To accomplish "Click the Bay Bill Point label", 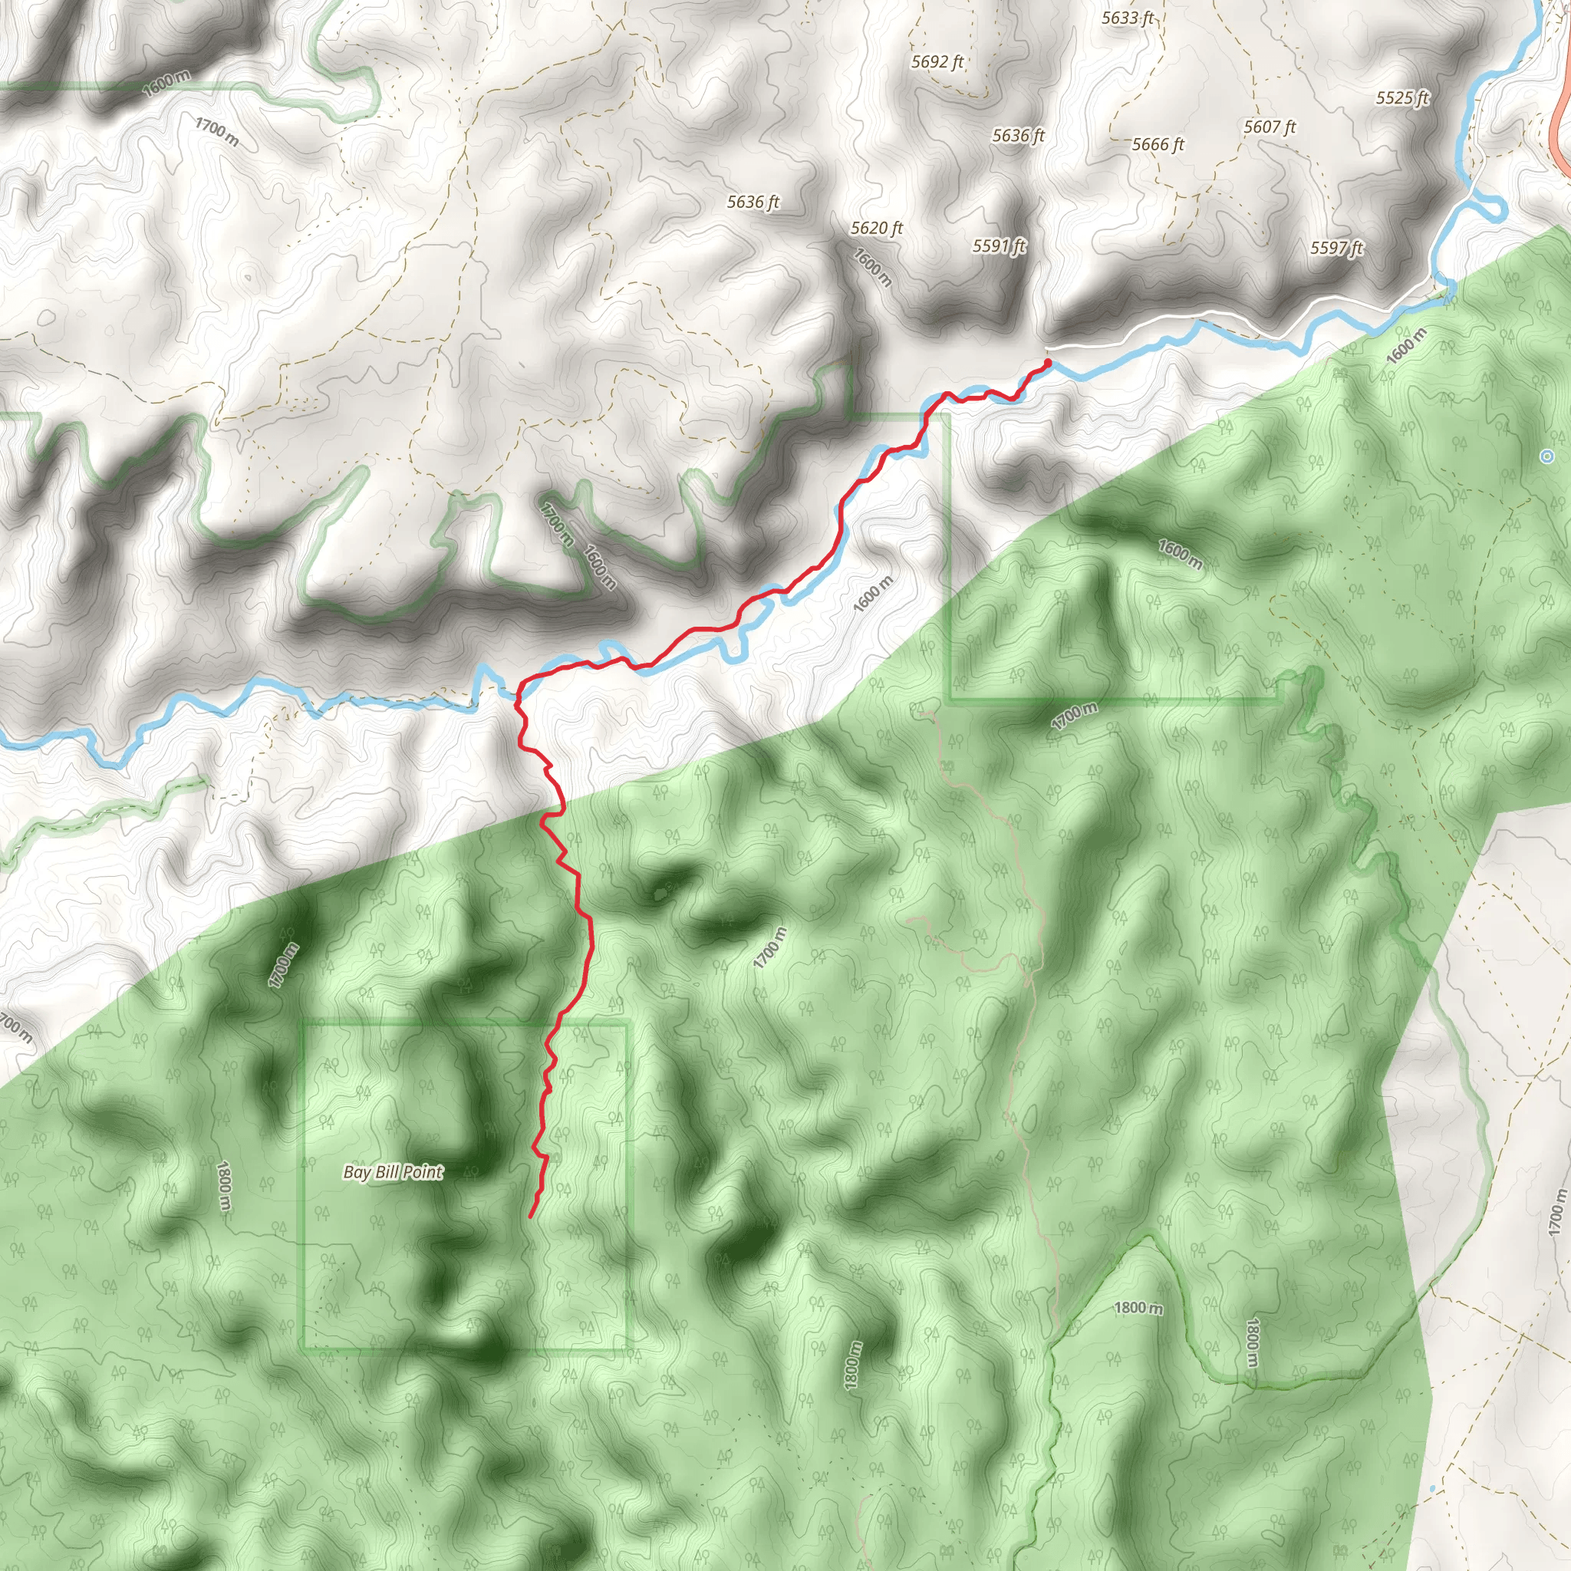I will (x=393, y=1172).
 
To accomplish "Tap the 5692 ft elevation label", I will (x=937, y=62).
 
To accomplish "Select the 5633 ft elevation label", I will (x=1127, y=18).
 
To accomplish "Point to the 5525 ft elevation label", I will (x=1402, y=98).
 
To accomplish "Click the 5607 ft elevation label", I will (x=1270, y=127).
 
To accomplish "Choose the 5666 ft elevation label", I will (x=1158, y=145).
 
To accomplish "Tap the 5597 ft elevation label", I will (x=1336, y=248).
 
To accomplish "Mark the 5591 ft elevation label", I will (x=999, y=245).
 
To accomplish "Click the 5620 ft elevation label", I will (x=877, y=229).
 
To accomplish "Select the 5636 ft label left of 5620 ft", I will (x=753, y=202).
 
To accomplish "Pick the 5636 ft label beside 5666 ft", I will (x=1018, y=136).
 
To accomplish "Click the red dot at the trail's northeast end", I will (x=1047, y=363).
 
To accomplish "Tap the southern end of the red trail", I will (x=530, y=1217).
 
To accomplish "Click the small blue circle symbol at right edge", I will (x=1546, y=457).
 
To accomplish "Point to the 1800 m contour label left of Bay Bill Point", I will (x=225, y=1187).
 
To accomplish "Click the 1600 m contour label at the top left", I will (x=166, y=84).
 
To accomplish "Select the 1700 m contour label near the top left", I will (x=216, y=132).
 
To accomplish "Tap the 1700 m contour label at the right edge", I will (x=1556, y=1214).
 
